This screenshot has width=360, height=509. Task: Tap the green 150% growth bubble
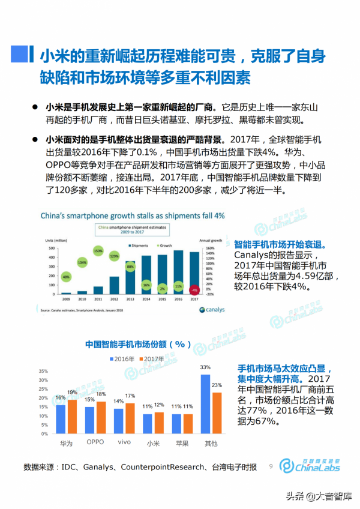(x=98, y=250)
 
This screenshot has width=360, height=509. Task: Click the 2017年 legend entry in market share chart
(x=152, y=358)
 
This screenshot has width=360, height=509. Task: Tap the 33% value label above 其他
(x=205, y=367)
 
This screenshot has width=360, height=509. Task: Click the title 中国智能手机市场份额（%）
(x=137, y=345)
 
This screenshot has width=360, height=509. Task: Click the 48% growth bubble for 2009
(x=66, y=277)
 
